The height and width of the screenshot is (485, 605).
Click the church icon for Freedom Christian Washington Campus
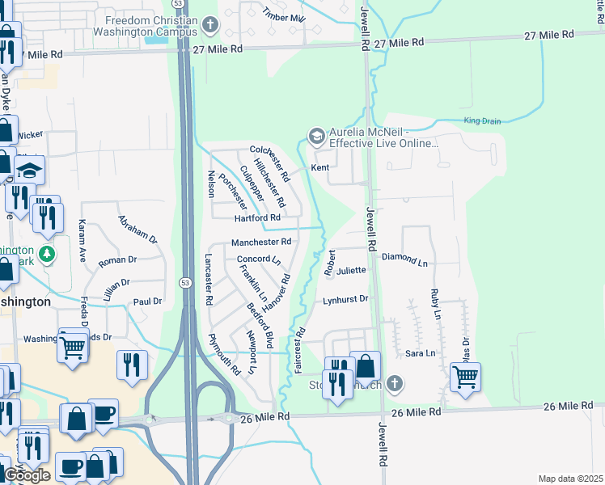tap(210, 24)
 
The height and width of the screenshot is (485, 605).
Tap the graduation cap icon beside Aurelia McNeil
tap(316, 135)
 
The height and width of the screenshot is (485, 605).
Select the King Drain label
tap(482, 121)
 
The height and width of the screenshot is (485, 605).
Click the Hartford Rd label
tap(257, 218)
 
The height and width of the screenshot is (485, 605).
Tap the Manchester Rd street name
tap(260, 242)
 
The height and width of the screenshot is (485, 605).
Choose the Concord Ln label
tap(258, 260)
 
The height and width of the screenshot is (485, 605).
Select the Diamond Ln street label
tap(404, 259)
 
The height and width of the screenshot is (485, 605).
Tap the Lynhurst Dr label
tap(345, 299)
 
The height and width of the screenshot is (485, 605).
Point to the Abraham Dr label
tap(137, 229)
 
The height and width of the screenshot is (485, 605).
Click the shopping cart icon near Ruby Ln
tap(465, 376)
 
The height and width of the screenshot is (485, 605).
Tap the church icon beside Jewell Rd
tap(394, 383)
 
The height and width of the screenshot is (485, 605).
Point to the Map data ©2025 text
tap(570, 479)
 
